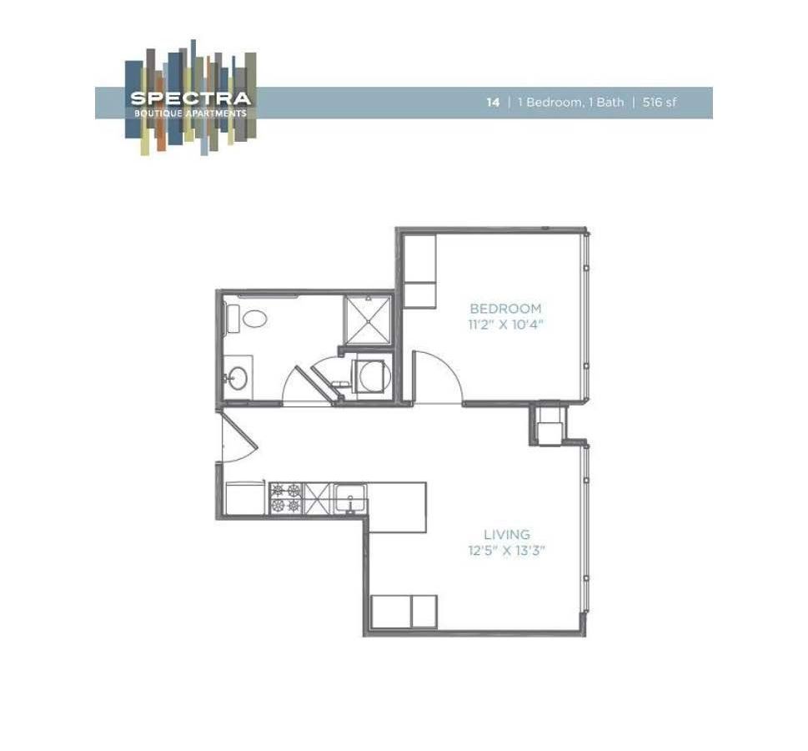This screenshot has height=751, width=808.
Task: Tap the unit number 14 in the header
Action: [494, 103]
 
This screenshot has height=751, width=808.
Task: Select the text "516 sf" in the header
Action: [660, 103]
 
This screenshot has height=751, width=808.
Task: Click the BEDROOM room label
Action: [505, 309]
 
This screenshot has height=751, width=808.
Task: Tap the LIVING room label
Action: [507, 534]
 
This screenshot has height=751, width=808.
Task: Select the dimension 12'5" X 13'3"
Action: [507, 551]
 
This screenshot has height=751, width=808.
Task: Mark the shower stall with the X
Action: [367, 318]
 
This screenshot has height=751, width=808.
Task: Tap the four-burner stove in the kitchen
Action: [285, 498]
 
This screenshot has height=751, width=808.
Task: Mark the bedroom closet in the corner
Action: [419, 271]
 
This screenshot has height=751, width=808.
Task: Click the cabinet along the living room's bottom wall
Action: [404, 610]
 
